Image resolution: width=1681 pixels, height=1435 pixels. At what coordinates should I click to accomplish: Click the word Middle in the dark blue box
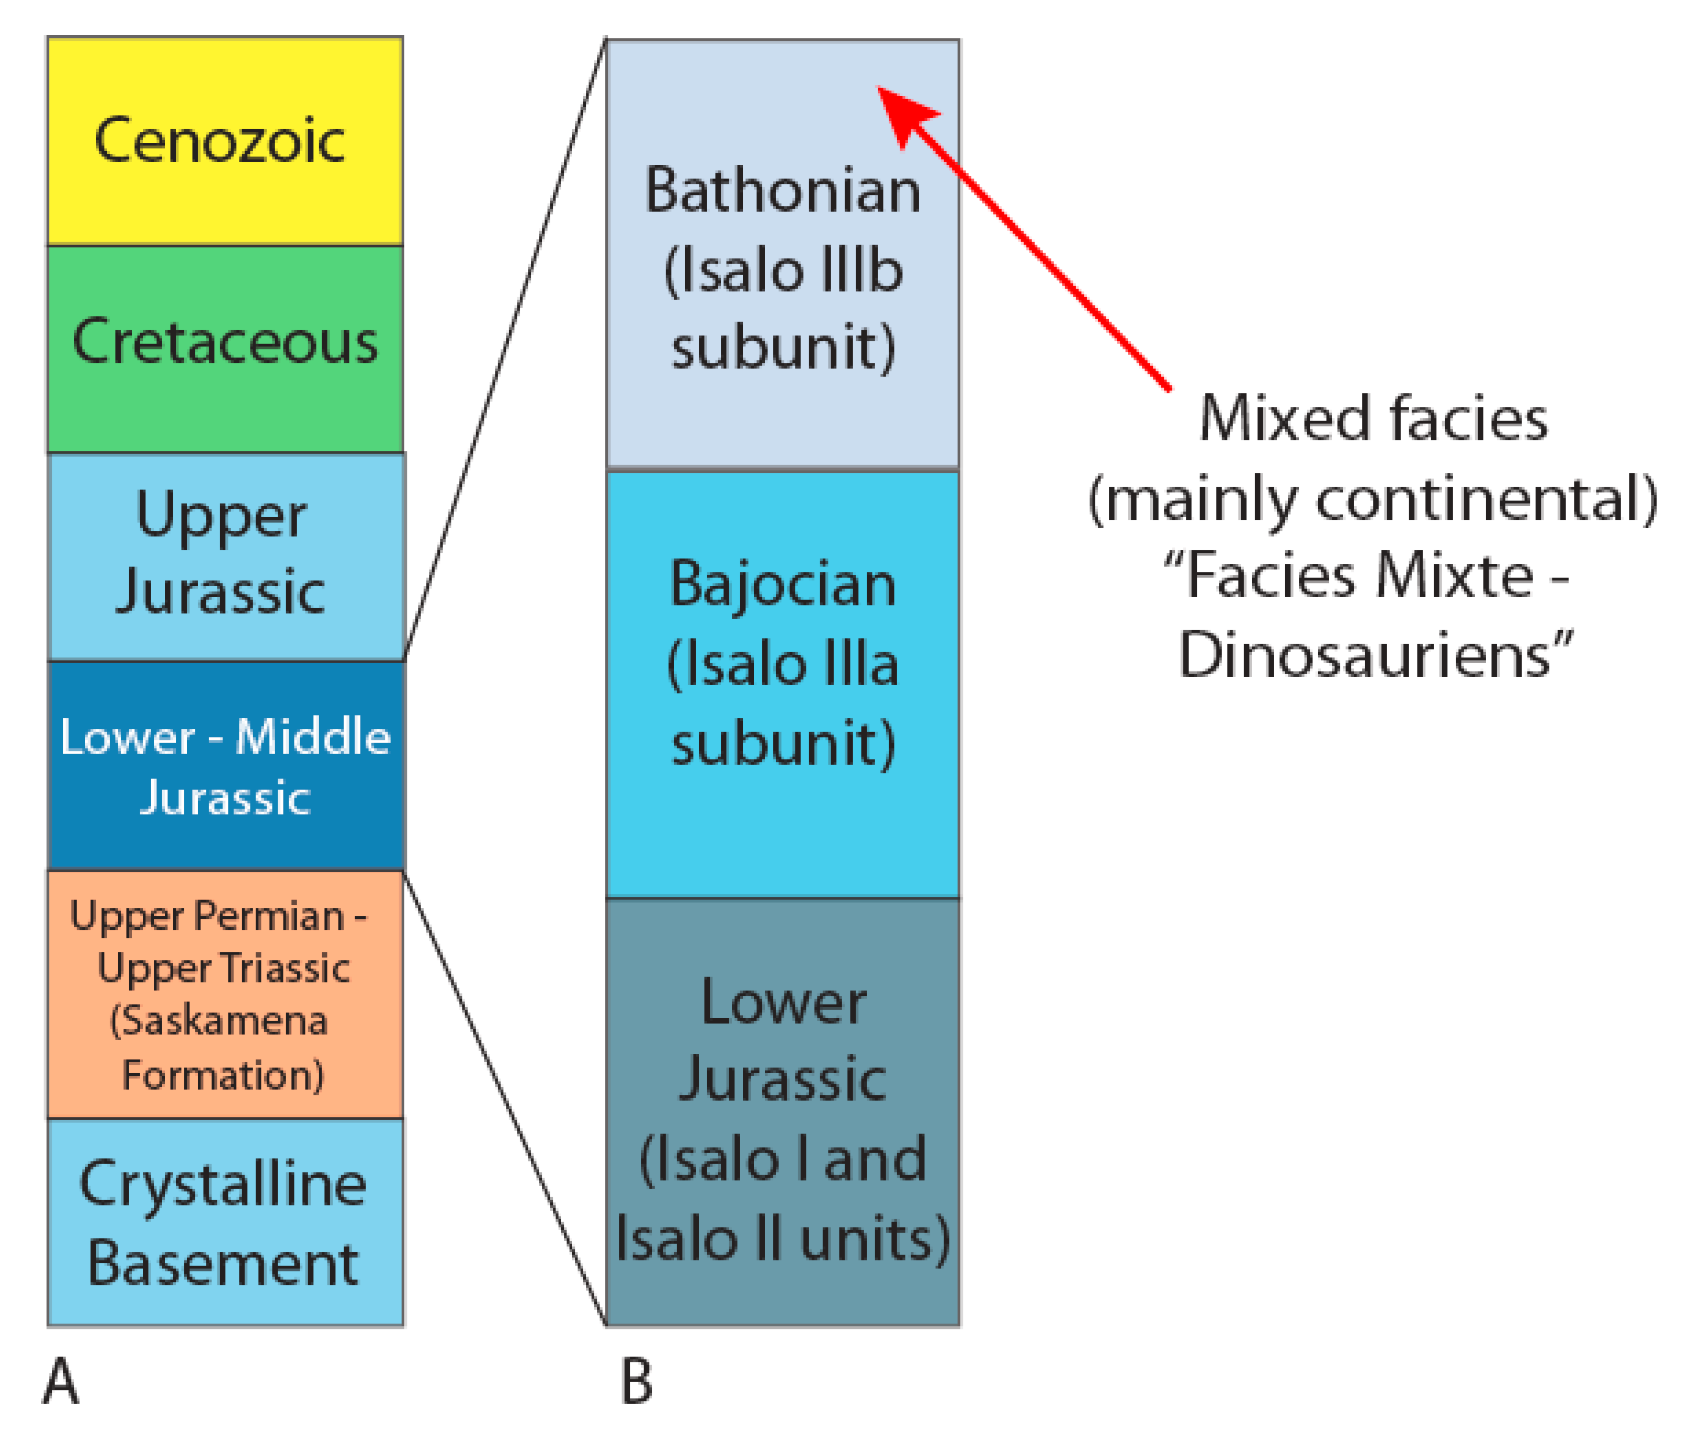313,737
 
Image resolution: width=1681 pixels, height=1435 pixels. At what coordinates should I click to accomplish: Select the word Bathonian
782,191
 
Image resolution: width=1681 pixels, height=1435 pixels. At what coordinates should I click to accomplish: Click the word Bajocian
782,584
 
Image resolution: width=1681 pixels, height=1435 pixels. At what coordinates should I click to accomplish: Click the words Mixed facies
1373,418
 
